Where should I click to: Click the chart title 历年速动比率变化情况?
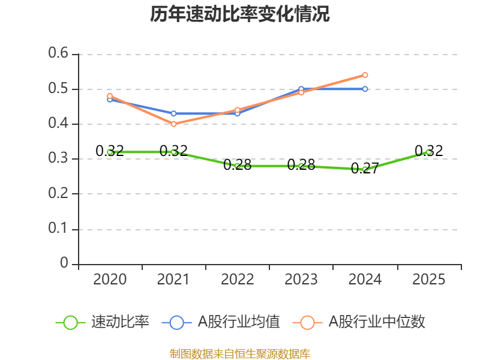(240, 14)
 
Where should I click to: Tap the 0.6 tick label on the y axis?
(59, 54)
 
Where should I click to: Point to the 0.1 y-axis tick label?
(59, 229)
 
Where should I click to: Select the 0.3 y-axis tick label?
(59, 159)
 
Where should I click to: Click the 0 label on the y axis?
(65, 264)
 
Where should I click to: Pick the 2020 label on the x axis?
(110, 280)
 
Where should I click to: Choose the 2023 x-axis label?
(301, 280)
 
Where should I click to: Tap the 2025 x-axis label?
(428, 280)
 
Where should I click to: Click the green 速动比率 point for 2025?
(428, 152)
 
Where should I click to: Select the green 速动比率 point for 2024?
(365, 169)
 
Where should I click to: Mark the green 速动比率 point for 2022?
(238, 166)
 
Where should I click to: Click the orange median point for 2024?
(365, 75)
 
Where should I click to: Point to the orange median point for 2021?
(173, 124)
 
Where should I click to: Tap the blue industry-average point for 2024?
(365, 89)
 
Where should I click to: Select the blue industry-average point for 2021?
(173, 113)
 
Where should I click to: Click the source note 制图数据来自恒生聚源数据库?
(240, 353)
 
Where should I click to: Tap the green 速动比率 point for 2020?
(110, 152)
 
